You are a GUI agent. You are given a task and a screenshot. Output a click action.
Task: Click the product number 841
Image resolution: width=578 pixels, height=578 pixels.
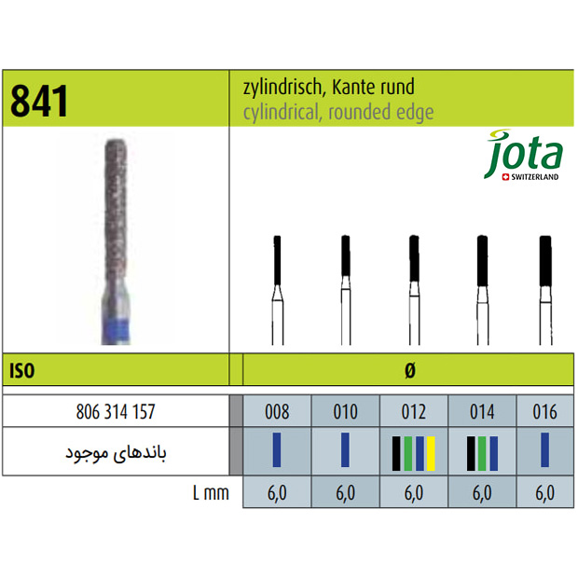39,101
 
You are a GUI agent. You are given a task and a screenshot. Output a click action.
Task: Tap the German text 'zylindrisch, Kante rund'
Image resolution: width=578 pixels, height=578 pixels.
328,88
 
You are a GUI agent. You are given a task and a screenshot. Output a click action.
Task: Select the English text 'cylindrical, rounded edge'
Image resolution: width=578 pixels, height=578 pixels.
338,112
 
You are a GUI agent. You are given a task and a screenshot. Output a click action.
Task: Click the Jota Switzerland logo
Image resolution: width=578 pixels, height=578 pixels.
523,155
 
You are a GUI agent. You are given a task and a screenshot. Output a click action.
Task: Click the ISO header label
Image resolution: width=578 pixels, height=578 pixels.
22,370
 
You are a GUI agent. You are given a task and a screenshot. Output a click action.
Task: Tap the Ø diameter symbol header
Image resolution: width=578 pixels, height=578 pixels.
410,370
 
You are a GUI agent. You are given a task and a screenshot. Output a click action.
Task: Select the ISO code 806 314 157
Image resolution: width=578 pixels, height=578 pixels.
116,411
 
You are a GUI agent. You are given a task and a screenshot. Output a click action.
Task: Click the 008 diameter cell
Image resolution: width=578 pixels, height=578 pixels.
277,411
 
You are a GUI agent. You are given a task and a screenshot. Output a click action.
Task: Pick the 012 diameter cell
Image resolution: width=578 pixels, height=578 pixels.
414,411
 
